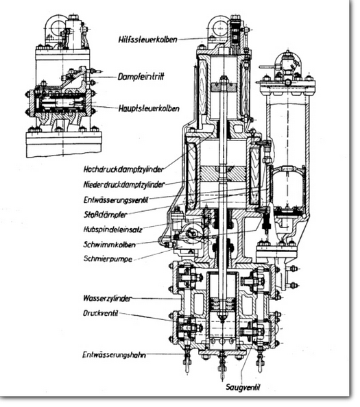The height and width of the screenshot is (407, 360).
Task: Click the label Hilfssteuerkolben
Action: click(148, 40)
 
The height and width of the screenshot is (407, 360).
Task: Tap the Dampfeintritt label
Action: click(141, 77)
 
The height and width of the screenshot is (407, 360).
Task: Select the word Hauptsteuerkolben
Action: click(149, 108)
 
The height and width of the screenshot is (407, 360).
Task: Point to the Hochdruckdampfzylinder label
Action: click(123, 169)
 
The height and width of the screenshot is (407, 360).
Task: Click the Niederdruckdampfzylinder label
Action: click(124, 184)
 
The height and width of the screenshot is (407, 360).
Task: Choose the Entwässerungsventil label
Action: click(116, 200)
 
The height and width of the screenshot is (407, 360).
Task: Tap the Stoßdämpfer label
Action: click(106, 214)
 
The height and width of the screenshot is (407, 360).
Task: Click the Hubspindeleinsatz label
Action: click(113, 230)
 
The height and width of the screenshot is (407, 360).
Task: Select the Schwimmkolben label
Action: click(109, 245)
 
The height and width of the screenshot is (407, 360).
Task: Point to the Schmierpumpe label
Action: click(108, 259)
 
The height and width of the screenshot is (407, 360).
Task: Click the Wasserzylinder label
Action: click(107, 298)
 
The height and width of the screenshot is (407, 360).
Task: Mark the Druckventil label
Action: click(101, 313)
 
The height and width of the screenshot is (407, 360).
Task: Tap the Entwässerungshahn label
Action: click(114, 355)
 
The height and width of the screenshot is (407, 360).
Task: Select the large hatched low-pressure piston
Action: click(224, 174)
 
